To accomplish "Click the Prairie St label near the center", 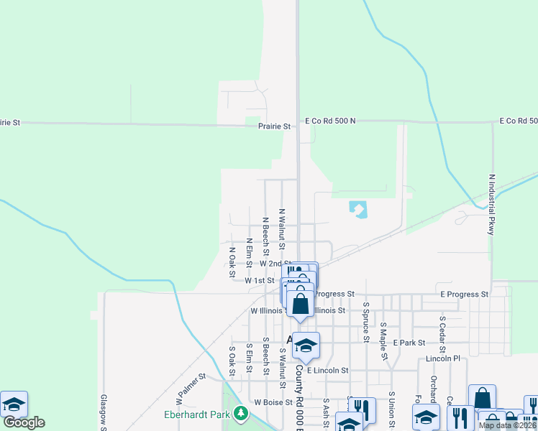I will (x=274, y=126).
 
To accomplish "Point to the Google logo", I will (x=24, y=422).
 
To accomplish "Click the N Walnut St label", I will (x=282, y=230).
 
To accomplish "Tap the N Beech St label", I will (x=265, y=236).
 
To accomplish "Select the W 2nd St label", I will (x=275, y=264).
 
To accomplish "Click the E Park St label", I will (x=410, y=343).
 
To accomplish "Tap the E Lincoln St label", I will (x=327, y=371).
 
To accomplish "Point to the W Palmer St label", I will (x=191, y=386).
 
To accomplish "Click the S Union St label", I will (x=391, y=407).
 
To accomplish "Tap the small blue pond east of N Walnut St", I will (x=358, y=209).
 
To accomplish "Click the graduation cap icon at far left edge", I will (x=14, y=404).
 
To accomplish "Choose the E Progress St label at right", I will (x=464, y=295).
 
